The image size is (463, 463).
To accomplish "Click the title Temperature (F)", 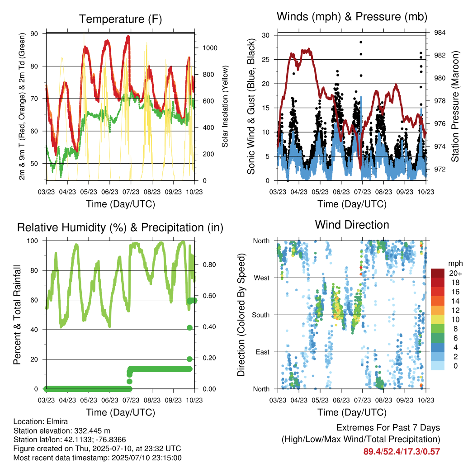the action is pos(120,19).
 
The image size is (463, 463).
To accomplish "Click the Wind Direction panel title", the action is pos(352,225).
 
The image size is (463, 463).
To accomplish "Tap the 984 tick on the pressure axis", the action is pos(439,33).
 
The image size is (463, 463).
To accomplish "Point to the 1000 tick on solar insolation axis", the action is pos(210,48).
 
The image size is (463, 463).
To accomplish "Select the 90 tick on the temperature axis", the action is pos(34,33).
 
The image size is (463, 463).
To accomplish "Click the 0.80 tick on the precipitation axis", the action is pos(209,265).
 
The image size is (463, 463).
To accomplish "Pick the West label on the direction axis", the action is pos(262,278).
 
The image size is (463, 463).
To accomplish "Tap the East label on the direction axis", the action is pos(263,352).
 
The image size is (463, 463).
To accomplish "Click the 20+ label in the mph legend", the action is pos(455,273).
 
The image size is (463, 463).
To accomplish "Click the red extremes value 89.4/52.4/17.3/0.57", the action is pos(402,452).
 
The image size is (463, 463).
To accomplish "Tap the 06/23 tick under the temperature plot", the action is pos(109,192).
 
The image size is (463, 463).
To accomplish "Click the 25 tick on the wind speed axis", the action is pos(266,59).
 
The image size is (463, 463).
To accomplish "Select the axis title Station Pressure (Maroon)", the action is pos(455,106).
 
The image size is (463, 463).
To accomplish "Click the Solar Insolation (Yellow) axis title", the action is pos(225,106).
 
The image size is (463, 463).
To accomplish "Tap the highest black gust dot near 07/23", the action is pos(361,42).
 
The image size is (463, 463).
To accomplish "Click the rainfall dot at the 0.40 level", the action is pos(189,327).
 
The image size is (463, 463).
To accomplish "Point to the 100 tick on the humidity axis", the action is pos(33,241).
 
